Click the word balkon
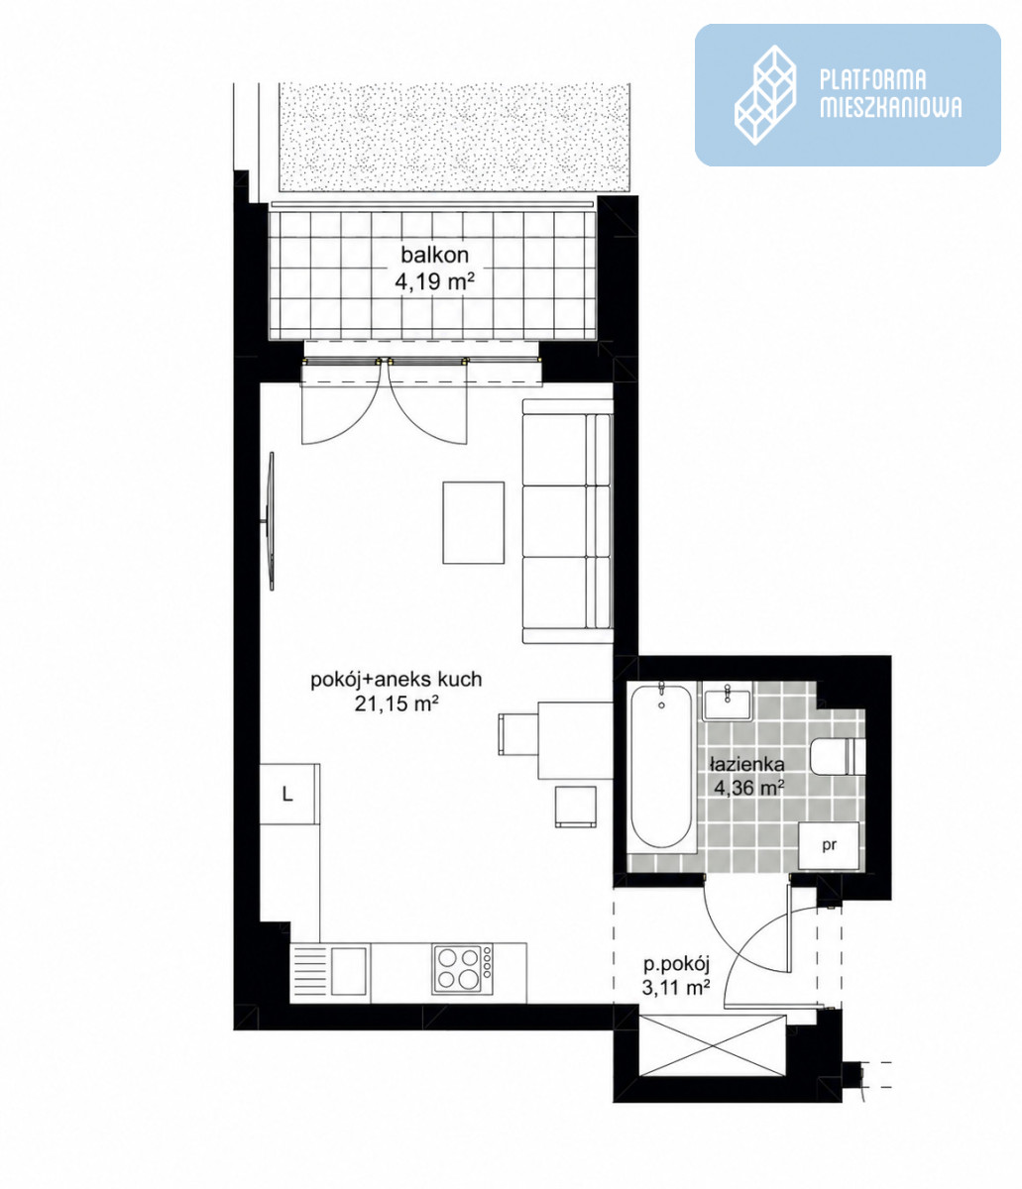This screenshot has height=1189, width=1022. tap(434, 255)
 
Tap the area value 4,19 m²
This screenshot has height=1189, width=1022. tap(434, 281)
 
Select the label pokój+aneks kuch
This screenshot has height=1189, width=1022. tap(396, 680)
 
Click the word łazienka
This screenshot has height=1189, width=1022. tap(747, 765)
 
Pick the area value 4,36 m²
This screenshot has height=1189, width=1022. tap(748, 787)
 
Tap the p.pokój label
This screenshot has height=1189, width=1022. tap(677, 964)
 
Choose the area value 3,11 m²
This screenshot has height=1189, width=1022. tap(676, 988)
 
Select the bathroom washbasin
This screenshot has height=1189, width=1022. tap(727, 701)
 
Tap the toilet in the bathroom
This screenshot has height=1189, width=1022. tap(838, 756)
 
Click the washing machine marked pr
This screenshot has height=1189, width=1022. tap(829, 845)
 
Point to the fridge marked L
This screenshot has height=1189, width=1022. tap(288, 794)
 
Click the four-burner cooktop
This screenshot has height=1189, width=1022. tap(463, 969)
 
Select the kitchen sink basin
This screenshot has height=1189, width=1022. tap(349, 970)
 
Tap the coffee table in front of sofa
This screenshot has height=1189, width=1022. tap(473, 522)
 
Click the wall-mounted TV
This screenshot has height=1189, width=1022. tap(271, 521)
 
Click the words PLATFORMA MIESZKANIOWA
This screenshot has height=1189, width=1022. tap(889, 94)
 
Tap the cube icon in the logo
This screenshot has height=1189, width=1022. tap(765, 94)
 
